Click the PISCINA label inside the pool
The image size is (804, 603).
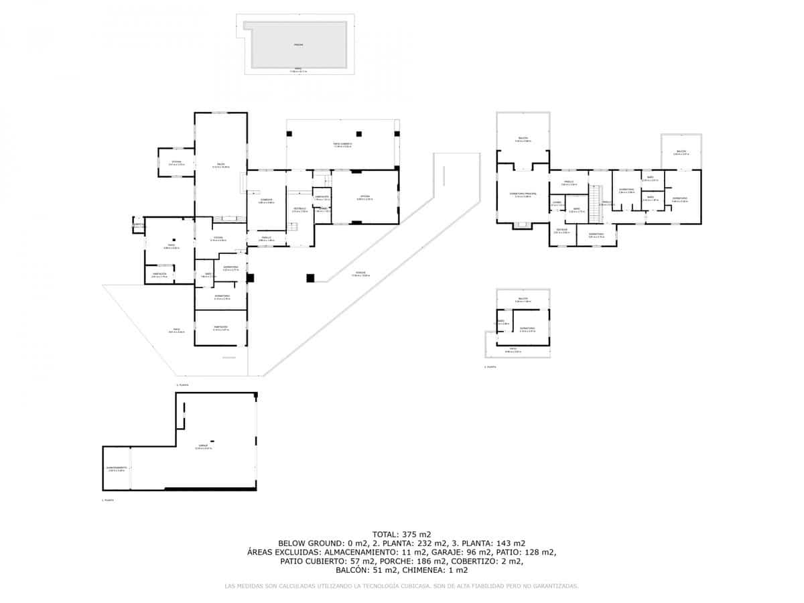[298, 45]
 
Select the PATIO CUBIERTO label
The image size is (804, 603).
[342, 145]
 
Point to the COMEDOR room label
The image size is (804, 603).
[266, 200]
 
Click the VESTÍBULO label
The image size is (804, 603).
[299, 209]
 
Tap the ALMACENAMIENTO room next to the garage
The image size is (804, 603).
[117, 468]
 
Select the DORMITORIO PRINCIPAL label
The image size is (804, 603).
[523, 195]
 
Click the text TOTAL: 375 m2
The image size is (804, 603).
[401, 534]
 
